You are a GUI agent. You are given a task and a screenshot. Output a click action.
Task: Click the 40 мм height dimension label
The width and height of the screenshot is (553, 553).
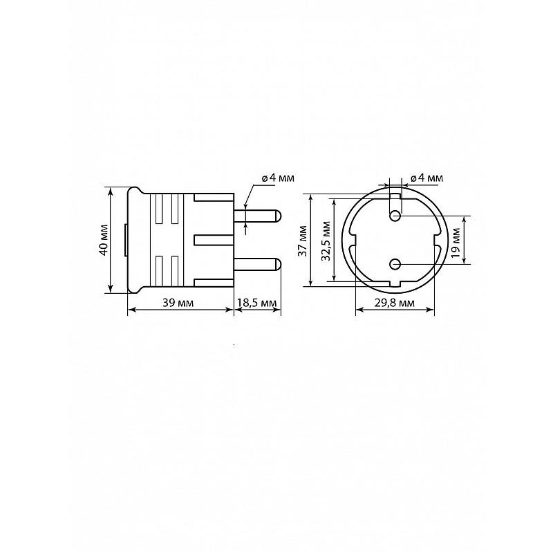(104, 240)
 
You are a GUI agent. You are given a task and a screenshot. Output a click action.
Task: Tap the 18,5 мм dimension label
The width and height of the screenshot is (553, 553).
(257, 303)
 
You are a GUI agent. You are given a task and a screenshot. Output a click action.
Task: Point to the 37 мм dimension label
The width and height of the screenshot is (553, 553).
(303, 240)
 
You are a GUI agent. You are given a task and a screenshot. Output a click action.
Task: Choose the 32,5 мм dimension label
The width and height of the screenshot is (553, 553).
(326, 241)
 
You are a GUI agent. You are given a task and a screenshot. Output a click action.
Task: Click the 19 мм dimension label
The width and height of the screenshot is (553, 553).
(456, 243)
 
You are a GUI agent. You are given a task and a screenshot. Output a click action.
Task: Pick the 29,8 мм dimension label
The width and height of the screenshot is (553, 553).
(395, 303)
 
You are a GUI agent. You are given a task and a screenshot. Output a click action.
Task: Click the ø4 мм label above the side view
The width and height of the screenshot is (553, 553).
(278, 178)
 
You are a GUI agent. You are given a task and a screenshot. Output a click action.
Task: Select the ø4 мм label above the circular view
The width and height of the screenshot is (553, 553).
(427, 178)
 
